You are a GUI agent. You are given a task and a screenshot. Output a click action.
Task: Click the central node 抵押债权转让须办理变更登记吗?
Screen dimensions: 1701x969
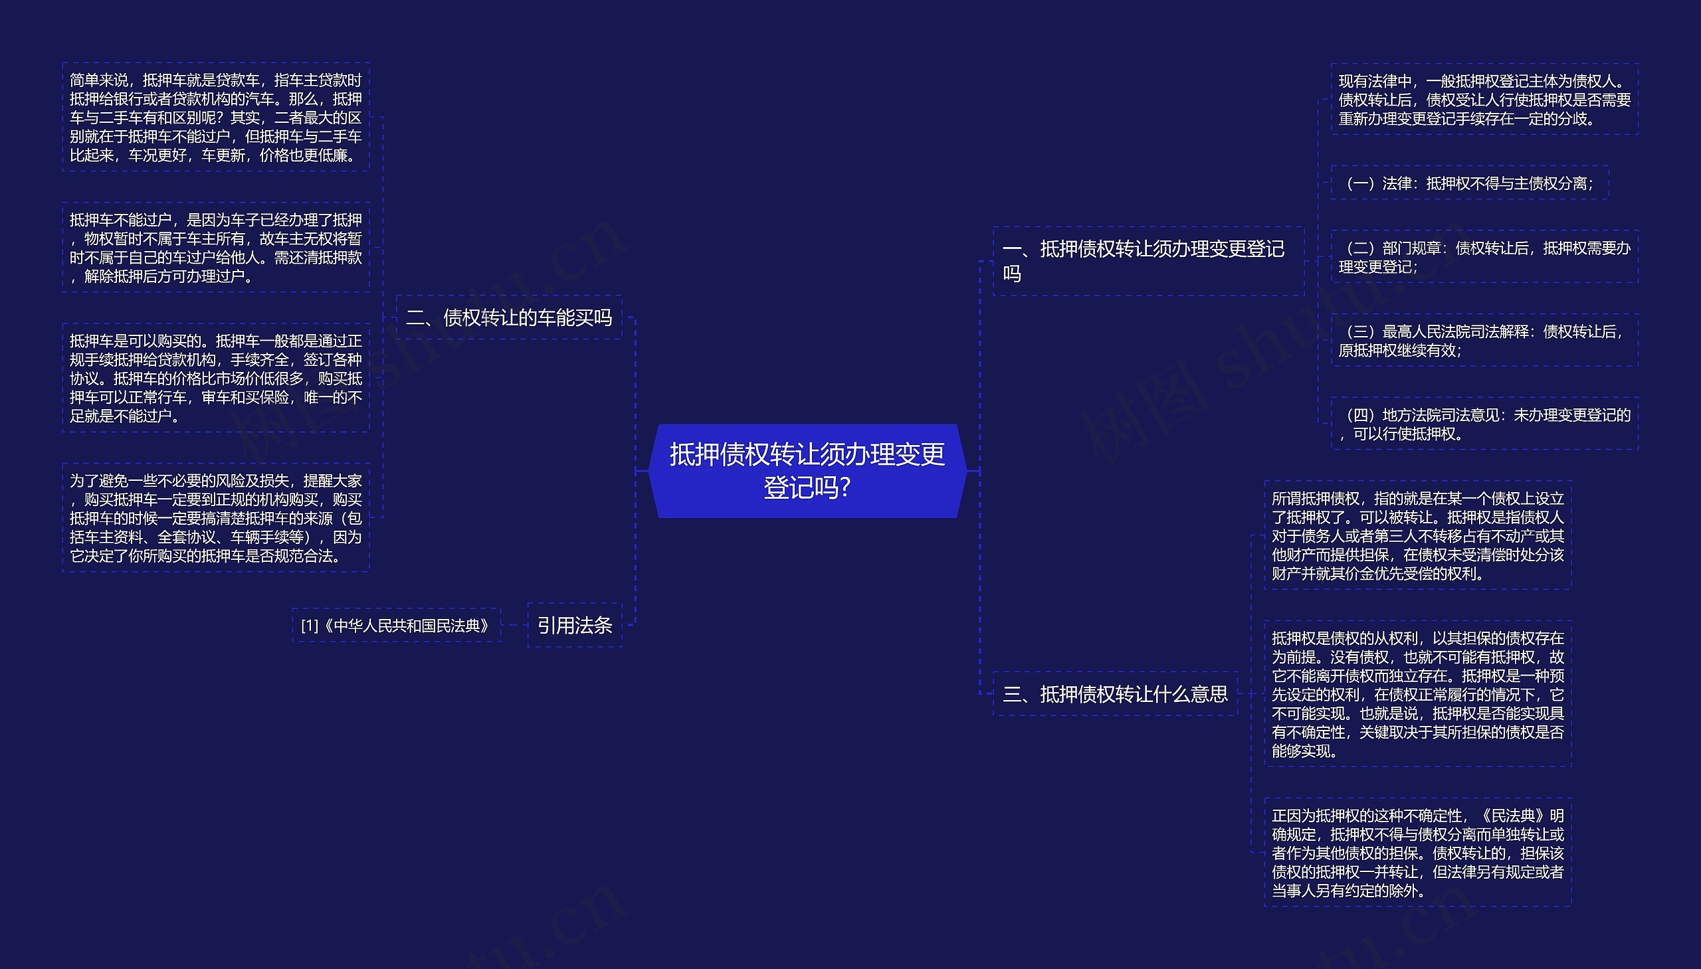click(807, 470)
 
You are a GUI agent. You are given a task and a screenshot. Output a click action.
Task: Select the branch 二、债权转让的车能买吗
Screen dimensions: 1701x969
click(508, 317)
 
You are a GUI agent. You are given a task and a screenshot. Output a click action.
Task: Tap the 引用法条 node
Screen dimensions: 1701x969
click(575, 625)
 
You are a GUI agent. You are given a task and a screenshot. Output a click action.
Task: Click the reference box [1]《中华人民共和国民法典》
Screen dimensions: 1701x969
click(396, 626)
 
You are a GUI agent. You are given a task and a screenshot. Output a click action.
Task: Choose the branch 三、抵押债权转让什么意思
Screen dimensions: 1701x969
click(1114, 694)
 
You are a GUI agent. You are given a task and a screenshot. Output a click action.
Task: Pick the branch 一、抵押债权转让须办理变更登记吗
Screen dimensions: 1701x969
click(1148, 261)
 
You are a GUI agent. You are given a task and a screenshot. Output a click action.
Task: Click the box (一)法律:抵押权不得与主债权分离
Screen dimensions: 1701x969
click(1469, 183)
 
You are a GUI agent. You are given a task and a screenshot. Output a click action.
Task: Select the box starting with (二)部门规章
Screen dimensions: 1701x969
click(1484, 257)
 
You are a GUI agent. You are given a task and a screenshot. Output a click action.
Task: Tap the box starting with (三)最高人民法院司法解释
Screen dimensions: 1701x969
click(1484, 340)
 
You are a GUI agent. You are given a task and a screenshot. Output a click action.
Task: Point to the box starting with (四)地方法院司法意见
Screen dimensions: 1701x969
click(1484, 424)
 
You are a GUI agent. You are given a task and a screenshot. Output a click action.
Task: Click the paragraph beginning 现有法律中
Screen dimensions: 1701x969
click(1484, 100)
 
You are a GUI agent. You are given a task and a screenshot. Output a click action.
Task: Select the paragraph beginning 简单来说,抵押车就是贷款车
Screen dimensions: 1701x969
click(216, 117)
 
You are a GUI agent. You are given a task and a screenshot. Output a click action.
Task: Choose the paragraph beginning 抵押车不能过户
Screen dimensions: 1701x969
click(216, 248)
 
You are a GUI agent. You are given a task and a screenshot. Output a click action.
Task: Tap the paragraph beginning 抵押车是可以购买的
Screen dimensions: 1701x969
click(216, 378)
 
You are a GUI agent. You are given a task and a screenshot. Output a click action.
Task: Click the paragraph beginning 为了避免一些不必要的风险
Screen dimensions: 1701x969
click(216, 518)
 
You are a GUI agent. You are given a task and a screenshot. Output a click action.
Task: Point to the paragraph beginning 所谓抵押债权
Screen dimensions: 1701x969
click(1417, 535)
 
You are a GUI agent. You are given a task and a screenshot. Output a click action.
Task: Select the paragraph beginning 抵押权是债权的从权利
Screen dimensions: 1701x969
click(1417, 694)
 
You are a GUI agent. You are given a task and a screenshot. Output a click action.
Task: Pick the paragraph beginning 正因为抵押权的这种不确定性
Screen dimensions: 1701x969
click(1417, 853)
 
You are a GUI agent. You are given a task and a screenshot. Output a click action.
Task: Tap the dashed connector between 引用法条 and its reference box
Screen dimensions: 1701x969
click(514, 626)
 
